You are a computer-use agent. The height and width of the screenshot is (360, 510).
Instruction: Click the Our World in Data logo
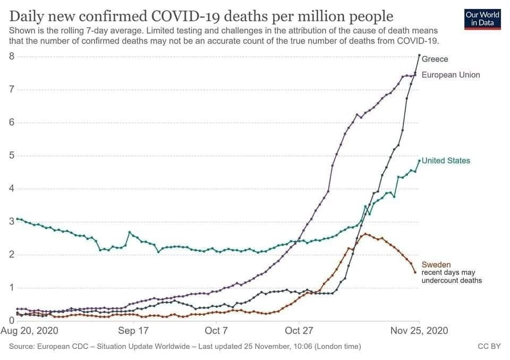point(482,18)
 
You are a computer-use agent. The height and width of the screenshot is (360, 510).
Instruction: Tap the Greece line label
point(435,59)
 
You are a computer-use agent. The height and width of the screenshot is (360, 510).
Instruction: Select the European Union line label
point(450,75)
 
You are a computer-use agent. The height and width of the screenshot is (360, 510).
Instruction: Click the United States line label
point(446,161)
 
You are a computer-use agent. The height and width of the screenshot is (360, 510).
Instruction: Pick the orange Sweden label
point(436,264)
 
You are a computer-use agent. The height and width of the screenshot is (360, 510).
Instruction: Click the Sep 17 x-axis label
point(133,331)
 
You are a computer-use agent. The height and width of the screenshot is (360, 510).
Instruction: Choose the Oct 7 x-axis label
point(216,331)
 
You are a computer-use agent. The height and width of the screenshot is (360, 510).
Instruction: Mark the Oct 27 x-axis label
point(299,331)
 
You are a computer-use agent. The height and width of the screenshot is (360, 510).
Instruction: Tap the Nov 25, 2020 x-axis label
point(419,331)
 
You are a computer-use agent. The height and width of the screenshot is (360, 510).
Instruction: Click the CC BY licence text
point(489,347)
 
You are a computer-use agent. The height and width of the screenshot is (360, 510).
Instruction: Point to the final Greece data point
point(420,55)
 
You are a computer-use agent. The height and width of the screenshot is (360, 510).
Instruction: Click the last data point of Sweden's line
point(415,272)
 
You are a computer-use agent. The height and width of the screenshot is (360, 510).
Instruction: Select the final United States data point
point(419,161)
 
